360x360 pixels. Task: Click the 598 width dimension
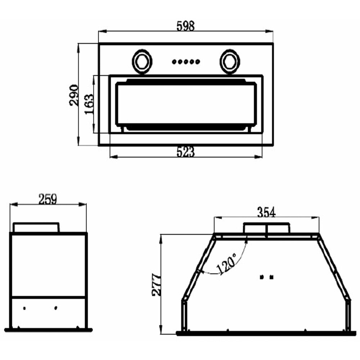185,26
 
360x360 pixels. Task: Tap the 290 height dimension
74,95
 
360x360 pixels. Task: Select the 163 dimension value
89,104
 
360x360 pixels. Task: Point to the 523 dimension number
185,152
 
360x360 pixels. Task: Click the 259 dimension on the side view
48,199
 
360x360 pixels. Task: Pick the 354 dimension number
266,212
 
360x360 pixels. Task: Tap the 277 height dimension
157,285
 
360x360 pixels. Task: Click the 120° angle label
226,264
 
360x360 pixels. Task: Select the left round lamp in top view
142,62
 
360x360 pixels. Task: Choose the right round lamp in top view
230,62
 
